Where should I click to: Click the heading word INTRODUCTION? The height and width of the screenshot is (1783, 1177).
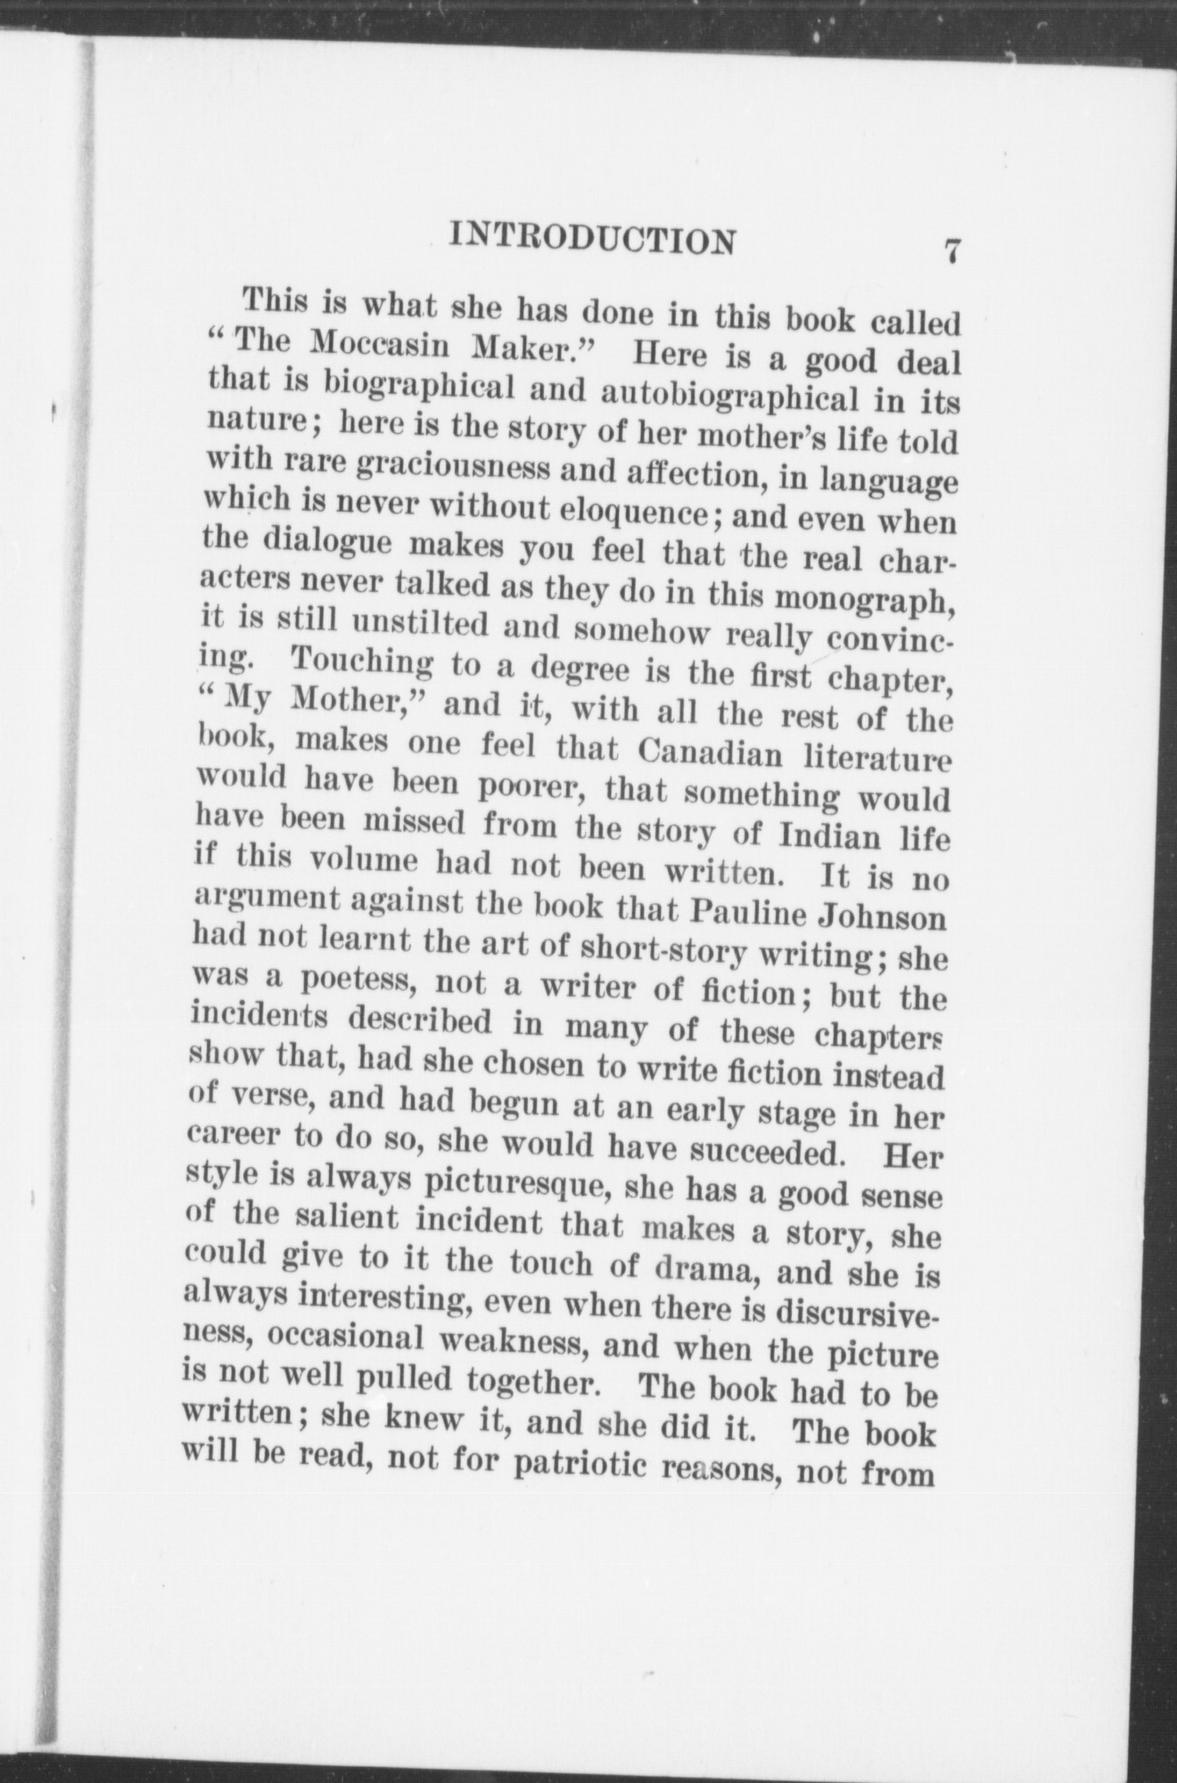[x=595, y=239]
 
